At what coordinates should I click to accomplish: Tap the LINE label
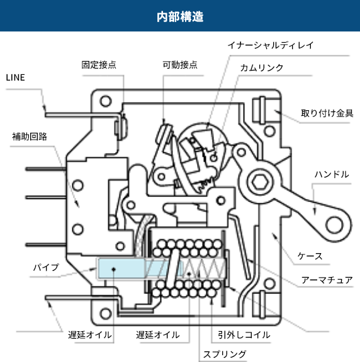[17, 77]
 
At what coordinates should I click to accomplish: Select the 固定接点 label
[99, 65]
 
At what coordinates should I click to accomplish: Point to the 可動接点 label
[180, 65]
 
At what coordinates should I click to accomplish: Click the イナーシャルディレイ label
[271, 45]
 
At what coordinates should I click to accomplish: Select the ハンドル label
[331, 174]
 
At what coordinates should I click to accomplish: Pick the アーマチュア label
[327, 280]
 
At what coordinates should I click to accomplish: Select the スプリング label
[224, 354]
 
